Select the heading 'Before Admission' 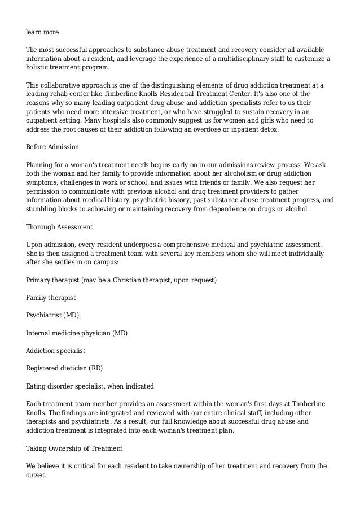[53, 147]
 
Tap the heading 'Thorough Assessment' [59, 226]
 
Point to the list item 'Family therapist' [51, 297]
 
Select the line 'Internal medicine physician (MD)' [77, 333]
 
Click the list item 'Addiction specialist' [55, 351]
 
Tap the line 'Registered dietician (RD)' [65, 368]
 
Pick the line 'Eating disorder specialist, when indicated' [90, 386]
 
